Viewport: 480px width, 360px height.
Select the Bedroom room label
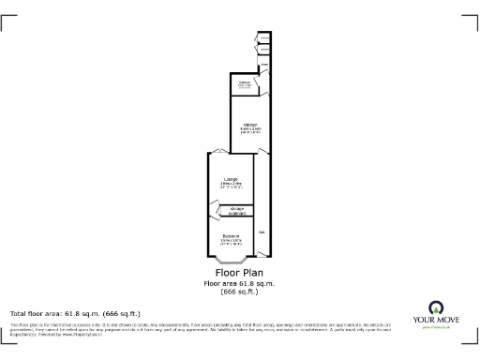231,235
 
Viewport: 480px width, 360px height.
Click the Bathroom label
245,83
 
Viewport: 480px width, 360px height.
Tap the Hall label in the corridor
262,232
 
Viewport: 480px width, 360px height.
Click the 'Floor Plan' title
239,273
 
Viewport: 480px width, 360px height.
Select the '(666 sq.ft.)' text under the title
239,292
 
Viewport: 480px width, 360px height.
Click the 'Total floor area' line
75,313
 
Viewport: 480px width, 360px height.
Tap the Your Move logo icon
435,307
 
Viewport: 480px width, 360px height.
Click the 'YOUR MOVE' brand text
435,321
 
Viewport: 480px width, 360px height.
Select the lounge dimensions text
231,187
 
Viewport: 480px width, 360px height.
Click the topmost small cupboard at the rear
265,38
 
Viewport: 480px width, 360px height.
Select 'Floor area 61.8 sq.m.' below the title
239,283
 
